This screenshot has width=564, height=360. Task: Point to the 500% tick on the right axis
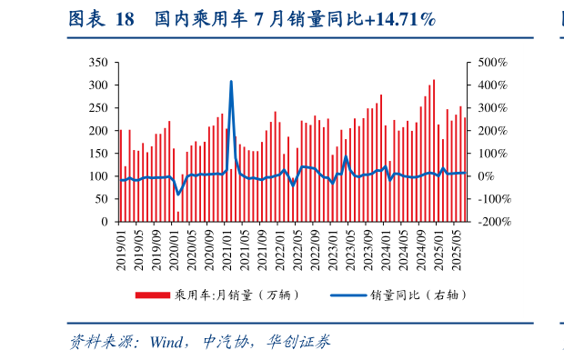pos(488,63)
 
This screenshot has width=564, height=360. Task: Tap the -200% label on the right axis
pos(490,222)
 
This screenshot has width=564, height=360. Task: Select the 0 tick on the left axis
pos(106,222)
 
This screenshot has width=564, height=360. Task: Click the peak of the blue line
pos(231,82)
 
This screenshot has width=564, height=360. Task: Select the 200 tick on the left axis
pos(99,131)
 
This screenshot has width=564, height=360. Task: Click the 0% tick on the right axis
pos(481,176)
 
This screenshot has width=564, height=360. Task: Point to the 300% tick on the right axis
pos(488,108)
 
